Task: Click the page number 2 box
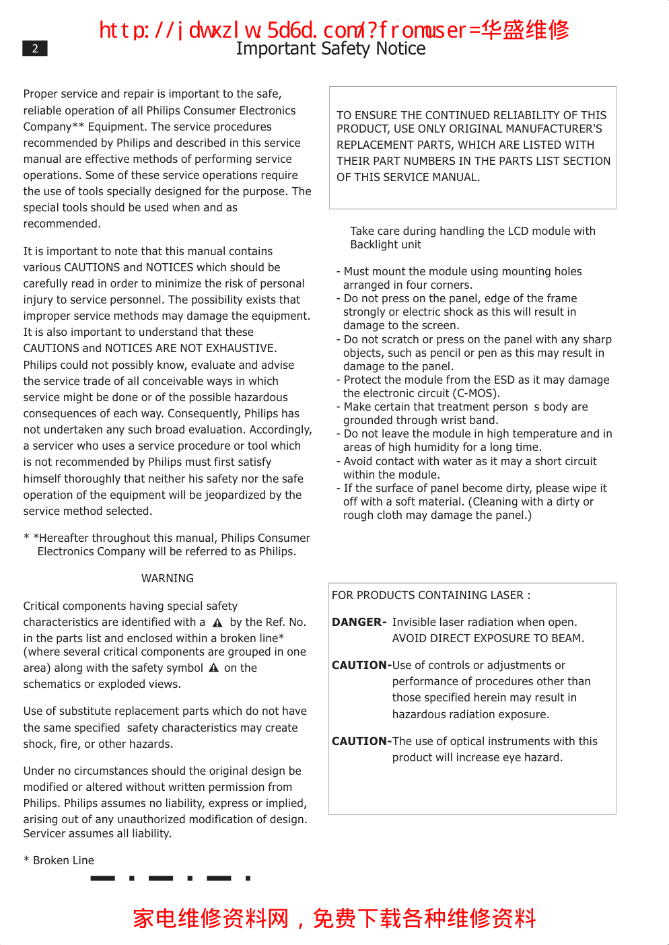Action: click(35, 48)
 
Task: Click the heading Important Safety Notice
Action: click(330, 49)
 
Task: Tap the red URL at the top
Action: click(334, 30)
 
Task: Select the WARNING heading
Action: click(168, 578)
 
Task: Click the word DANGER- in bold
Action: click(359, 622)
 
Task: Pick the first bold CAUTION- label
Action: click(361, 665)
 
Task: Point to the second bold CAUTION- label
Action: click(361, 741)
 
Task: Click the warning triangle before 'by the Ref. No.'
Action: click(217, 623)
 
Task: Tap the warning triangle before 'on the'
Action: click(213, 668)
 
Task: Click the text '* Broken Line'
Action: click(59, 860)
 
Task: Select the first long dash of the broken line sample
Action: click(102, 878)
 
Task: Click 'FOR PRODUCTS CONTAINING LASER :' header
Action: click(431, 595)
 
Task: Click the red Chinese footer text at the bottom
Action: click(334, 918)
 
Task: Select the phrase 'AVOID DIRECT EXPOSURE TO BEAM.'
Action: click(488, 638)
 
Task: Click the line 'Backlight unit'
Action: click(386, 244)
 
